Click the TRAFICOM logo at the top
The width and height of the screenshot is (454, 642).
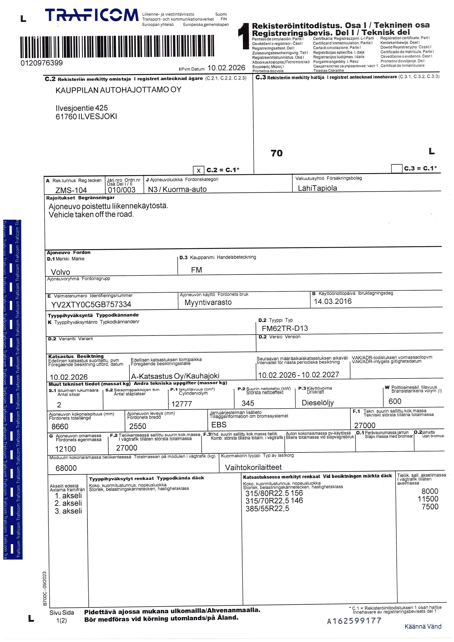click(92, 15)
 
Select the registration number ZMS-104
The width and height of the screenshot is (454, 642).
click(71, 190)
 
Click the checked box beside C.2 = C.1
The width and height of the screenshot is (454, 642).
click(198, 170)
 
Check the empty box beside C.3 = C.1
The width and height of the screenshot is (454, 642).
click(396, 168)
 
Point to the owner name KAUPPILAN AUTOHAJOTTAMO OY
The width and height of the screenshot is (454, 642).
click(118, 90)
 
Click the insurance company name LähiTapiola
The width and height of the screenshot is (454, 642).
click(317, 188)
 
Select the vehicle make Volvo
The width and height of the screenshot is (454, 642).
click(60, 272)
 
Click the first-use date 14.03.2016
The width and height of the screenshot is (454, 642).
click(333, 301)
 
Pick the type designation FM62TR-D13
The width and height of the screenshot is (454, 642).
click(285, 328)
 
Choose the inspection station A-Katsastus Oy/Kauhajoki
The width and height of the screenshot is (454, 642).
click(175, 376)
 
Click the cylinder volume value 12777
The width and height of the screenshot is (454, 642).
click(182, 404)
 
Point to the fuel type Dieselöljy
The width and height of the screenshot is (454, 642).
click(318, 403)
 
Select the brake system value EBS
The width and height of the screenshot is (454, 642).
click(219, 425)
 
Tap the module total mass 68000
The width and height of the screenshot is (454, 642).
click(66, 468)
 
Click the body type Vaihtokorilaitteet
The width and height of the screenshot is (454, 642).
click(253, 467)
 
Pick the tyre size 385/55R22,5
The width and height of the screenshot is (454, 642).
click(267, 508)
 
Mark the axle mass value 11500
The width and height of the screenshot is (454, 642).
click(428, 499)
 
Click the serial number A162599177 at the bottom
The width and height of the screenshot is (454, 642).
click(354, 621)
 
